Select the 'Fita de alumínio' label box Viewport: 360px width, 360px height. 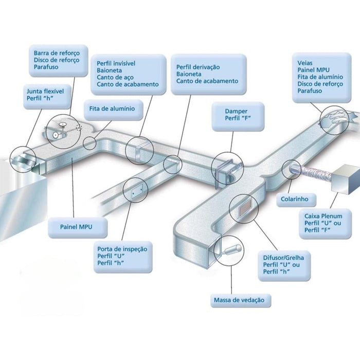pyautogui.click(x=112, y=109)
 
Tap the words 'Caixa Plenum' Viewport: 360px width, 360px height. pyautogui.click(x=321, y=217)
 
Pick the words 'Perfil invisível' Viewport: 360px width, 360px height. pyautogui.click(x=116, y=63)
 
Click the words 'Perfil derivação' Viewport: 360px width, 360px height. pyautogui.click(x=197, y=67)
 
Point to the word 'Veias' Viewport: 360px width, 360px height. pyautogui.click(x=305, y=63)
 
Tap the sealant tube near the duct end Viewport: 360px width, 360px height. pyautogui.click(x=230, y=251)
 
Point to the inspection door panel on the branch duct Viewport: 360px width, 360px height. pyautogui.click(x=135, y=192)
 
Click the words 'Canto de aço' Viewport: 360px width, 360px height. pyautogui.click(x=116, y=77)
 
